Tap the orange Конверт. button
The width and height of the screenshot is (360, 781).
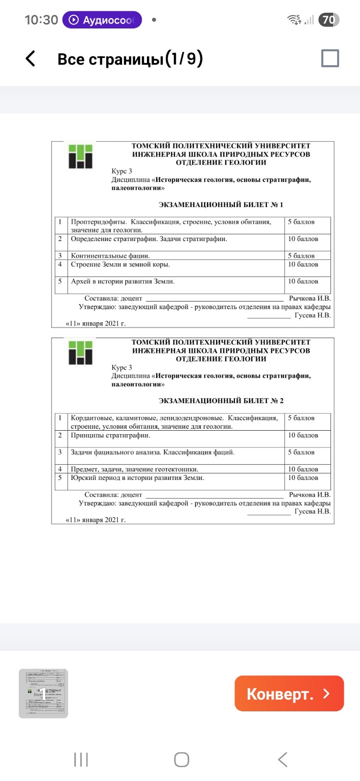289,694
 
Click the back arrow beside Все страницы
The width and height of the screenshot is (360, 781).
31,59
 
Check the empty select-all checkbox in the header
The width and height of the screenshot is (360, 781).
330,59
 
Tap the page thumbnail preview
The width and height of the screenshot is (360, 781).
43,693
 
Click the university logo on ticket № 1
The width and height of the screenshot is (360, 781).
81,156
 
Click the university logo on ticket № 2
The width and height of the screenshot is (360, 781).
81,352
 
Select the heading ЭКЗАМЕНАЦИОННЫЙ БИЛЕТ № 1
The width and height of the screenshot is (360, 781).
221,204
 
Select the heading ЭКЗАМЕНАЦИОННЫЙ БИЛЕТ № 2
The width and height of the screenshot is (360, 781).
221,401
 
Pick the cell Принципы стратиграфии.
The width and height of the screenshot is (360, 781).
110,435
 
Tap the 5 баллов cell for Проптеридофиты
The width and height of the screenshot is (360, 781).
302,222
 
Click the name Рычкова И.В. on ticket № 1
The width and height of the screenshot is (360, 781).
309,298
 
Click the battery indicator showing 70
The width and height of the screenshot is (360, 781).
328,20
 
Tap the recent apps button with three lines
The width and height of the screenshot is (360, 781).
81,760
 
